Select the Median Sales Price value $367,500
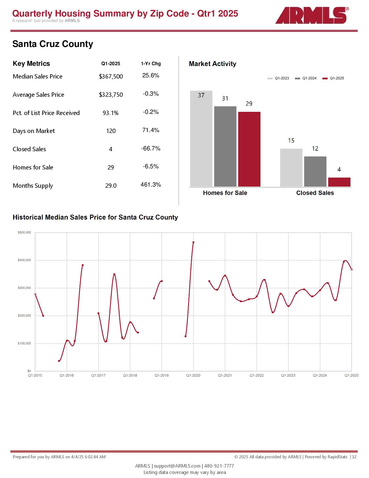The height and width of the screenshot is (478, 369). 111,76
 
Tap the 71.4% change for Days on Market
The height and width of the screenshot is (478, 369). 151,130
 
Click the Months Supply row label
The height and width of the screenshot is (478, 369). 33,186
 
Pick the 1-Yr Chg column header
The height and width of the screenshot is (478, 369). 151,64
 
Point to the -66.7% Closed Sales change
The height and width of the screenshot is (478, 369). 151,149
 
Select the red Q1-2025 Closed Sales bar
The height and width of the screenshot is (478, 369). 339,182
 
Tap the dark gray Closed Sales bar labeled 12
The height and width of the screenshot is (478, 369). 315,172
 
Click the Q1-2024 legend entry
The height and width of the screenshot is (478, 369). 306,78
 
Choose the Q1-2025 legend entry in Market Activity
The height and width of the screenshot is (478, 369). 333,78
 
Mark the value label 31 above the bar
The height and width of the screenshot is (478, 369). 225,98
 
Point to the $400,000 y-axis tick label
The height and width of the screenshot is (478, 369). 24,260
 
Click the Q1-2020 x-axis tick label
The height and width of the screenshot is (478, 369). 193,375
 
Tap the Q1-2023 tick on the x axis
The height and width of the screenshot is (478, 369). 288,375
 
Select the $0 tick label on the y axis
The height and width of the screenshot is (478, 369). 29,371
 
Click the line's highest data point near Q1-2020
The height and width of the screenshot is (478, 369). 193,242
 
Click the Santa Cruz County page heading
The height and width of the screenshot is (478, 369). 53,44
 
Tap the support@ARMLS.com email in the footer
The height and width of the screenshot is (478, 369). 177,466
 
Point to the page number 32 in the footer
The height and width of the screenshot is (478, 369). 354,457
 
